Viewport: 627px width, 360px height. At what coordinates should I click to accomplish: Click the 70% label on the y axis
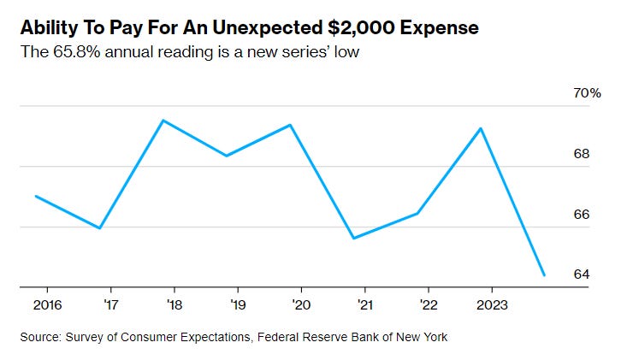click(588, 93)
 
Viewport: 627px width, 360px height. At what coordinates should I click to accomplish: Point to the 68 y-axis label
click(583, 154)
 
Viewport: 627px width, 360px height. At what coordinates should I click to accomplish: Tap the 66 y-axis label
click(583, 214)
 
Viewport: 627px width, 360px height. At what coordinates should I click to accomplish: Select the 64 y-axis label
click(583, 274)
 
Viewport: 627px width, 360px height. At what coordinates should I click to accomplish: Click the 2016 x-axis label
click(47, 304)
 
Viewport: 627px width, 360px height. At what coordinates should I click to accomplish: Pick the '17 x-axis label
click(110, 304)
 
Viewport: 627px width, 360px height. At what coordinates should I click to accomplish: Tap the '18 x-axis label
click(174, 304)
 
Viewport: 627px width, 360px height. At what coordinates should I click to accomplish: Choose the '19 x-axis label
click(237, 304)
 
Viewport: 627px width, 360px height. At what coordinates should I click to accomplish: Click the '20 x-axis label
click(300, 304)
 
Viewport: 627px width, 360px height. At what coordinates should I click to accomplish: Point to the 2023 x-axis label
click(491, 304)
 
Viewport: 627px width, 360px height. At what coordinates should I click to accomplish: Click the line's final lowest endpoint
click(544, 275)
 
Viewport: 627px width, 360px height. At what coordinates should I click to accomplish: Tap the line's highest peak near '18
click(163, 121)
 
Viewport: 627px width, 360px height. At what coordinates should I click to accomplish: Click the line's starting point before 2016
click(36, 196)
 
